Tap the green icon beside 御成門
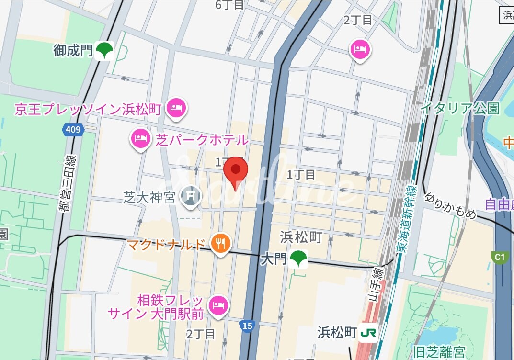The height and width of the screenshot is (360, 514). (104, 50)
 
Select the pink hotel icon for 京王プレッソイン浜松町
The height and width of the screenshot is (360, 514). (176, 108)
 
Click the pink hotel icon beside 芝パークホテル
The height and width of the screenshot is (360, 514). (140, 139)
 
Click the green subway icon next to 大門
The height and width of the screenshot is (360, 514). (299, 259)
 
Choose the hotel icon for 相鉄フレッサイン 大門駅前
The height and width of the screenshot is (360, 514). (218, 305)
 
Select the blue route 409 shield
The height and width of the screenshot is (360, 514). (73, 129)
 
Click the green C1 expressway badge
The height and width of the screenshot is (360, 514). (499, 258)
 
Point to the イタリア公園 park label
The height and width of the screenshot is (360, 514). (459, 108)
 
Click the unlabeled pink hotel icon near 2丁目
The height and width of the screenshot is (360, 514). (360, 49)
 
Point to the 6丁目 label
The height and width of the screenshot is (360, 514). (229, 5)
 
